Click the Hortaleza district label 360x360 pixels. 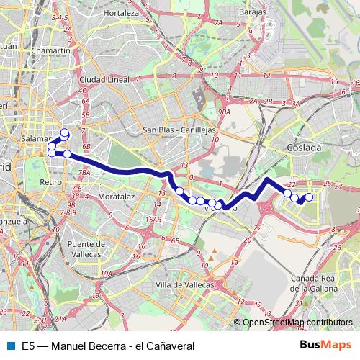coord(120,13)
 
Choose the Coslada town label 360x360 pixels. coord(304,147)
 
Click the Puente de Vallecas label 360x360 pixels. coord(89,249)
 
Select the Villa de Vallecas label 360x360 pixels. coord(185,284)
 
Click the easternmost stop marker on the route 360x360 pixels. coord(310,197)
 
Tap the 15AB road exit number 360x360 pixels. coord(152,219)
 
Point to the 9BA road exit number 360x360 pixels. coord(225,112)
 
